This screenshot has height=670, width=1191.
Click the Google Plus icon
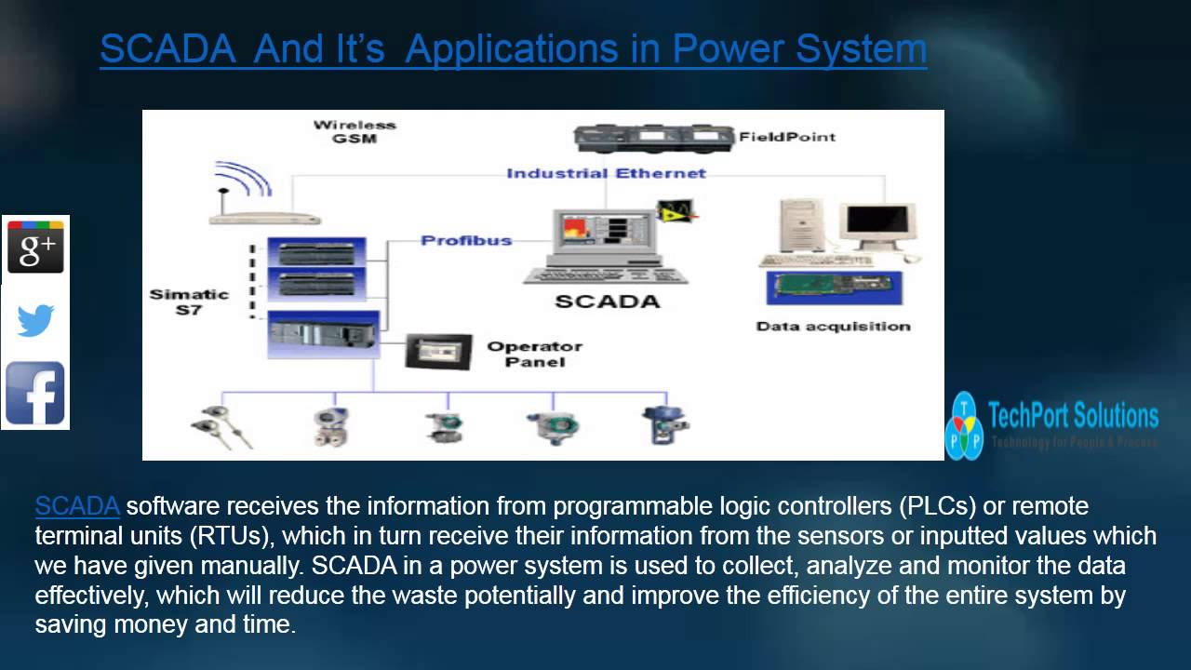click(35, 248)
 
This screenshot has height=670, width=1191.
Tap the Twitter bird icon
click(35, 321)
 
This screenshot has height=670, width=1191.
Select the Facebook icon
click(35, 394)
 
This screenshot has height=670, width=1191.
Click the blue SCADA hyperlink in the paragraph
click(77, 506)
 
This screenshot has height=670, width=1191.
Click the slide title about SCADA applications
click(513, 49)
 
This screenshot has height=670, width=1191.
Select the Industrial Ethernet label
click(606, 173)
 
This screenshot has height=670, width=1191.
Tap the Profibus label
click(466, 240)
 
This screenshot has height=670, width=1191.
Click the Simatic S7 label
click(189, 301)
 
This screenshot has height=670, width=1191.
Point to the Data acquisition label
click(833, 326)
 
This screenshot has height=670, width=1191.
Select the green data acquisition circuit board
click(831, 287)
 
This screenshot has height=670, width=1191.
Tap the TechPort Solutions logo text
click(1072, 416)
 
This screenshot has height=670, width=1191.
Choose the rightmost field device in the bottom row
click(664, 423)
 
